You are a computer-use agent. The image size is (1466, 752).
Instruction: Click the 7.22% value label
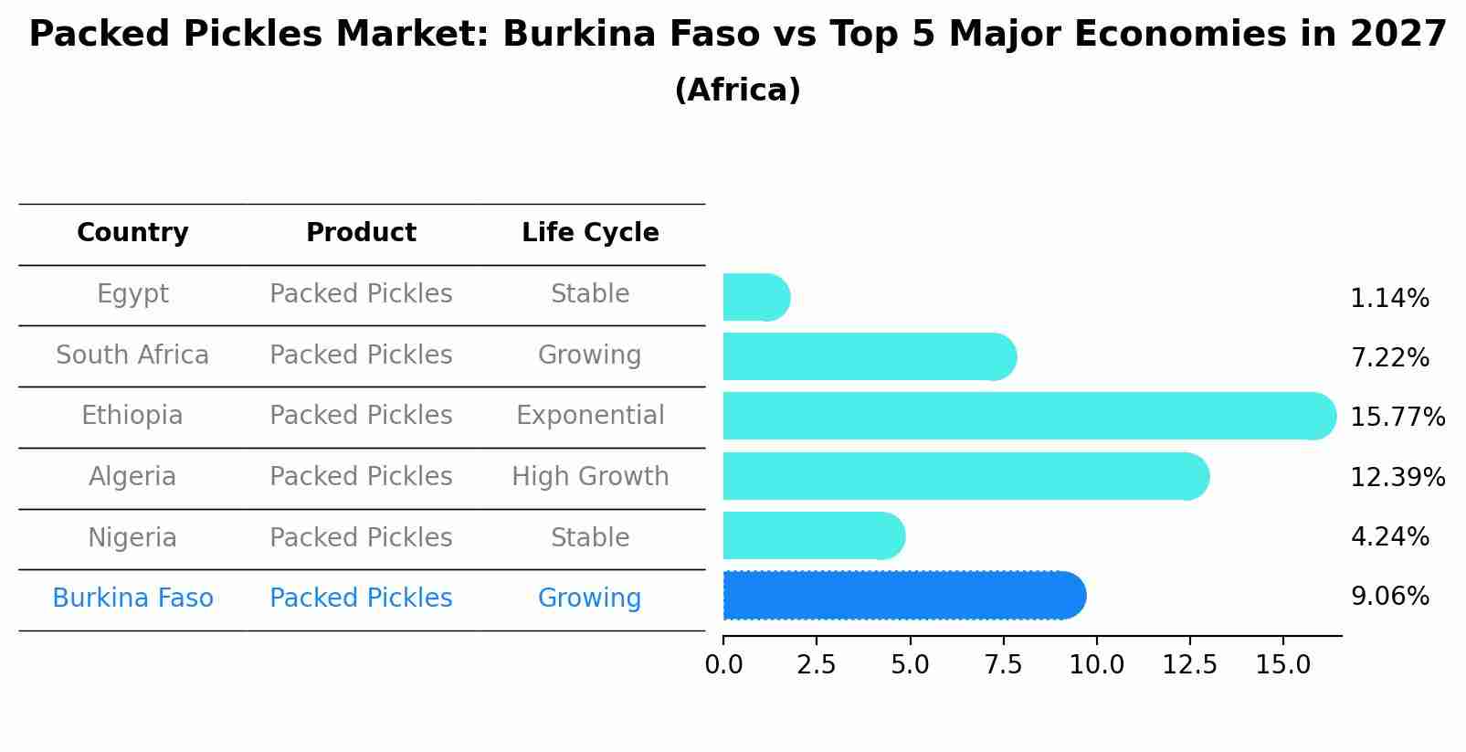pos(1389,357)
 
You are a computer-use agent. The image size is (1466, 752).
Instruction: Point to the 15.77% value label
pos(1397,417)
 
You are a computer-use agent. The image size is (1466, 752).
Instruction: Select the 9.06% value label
pos(1389,597)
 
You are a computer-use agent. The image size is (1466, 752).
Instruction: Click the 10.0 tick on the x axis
pos(1096,665)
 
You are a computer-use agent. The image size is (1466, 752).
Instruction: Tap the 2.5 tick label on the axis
pos(816,665)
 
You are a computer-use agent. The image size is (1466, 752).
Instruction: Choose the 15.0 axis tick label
pos(1282,665)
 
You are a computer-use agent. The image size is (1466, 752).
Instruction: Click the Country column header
pos(132,233)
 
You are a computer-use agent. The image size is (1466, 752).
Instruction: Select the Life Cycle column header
pos(590,233)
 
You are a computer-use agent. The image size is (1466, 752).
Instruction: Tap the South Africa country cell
pos(132,355)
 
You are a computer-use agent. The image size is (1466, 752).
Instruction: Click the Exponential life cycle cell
pos(590,416)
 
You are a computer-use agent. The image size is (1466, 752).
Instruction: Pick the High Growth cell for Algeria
pos(590,476)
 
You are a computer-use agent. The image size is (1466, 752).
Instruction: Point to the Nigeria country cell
pos(132,537)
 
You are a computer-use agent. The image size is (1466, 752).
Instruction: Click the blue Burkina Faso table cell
pos(132,598)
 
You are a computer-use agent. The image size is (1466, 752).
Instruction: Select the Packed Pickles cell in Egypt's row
pos(361,294)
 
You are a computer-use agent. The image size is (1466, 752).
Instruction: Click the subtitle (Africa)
pos(737,90)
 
